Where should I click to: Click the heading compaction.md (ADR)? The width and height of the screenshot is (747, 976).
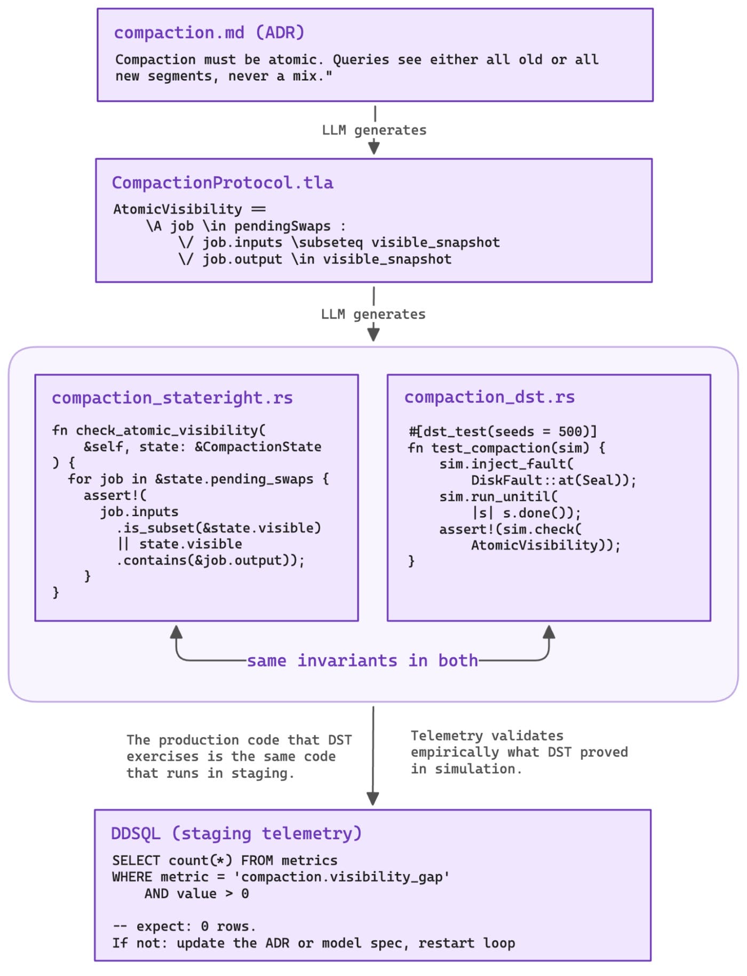209,33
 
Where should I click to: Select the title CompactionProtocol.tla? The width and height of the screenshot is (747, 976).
222,183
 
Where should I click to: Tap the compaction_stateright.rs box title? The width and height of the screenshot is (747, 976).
172,398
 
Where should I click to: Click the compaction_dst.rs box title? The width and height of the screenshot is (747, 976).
489,397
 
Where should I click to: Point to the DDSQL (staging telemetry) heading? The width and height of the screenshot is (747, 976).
236,834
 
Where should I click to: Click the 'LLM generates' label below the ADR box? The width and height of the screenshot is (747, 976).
374,130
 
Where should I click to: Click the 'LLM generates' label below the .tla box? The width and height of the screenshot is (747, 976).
373,314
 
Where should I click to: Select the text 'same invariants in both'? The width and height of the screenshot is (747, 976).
362,661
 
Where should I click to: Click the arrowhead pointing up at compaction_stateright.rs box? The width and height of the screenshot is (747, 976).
176,632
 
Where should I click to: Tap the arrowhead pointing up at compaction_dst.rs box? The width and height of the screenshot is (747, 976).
549,632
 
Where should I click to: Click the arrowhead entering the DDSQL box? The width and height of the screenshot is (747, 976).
373,799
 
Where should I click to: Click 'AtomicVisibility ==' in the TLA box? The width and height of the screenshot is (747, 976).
189,209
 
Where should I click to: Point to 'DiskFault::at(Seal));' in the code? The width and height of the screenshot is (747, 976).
553,480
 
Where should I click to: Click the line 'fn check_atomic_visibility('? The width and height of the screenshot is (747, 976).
158,431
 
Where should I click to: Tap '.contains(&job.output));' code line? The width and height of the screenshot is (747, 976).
210,560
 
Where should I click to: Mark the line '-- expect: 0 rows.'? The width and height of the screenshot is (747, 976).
184,926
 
